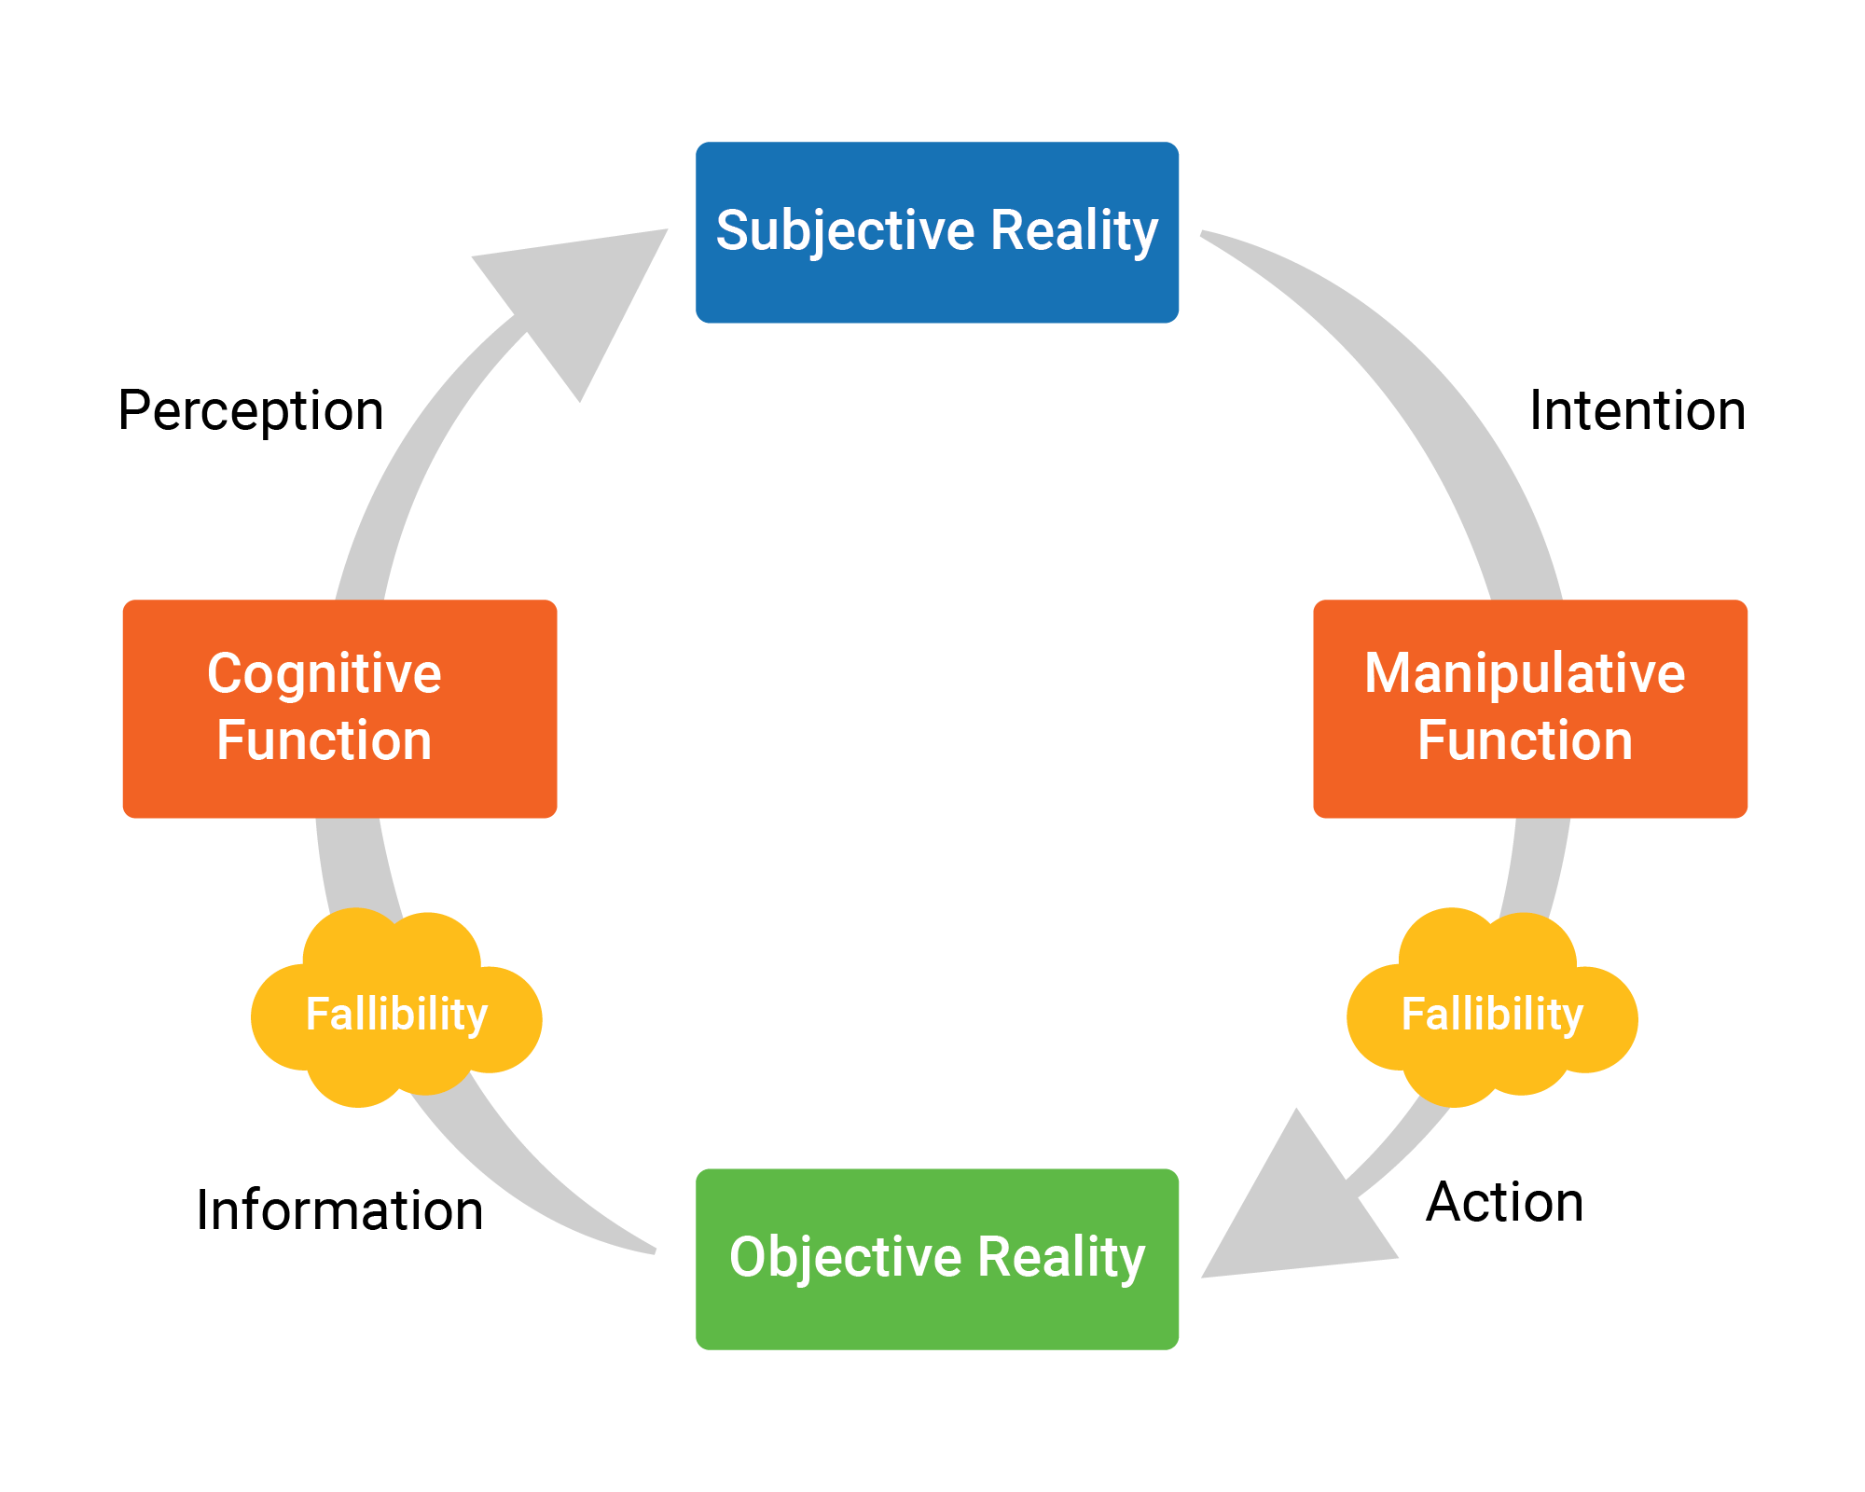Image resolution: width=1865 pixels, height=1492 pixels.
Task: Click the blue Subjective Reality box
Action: [937, 233]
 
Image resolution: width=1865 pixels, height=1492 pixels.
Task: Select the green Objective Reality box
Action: [937, 1259]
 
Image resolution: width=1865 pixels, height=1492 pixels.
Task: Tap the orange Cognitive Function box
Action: [339, 709]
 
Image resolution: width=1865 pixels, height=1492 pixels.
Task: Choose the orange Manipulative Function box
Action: [1529, 709]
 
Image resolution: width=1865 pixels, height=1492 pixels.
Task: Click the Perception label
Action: [251, 411]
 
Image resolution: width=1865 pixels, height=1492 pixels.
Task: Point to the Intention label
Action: [1637, 410]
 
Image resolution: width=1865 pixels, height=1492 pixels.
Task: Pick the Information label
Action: [339, 1210]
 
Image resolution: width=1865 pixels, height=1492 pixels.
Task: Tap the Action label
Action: [1504, 1202]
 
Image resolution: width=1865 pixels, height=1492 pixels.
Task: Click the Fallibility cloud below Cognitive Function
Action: [396, 1012]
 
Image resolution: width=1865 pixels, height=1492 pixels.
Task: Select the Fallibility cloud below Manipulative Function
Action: [1492, 1012]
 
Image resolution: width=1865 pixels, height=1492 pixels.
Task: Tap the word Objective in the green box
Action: [845, 1257]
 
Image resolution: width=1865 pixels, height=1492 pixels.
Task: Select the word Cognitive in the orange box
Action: [325, 673]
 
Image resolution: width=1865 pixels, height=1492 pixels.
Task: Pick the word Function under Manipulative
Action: [1525, 740]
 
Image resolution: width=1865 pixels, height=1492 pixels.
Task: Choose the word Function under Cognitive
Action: [325, 740]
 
